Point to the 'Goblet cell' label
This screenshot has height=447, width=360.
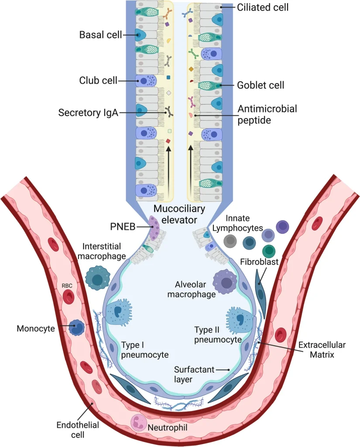coord(261,85)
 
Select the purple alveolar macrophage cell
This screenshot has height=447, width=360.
coord(226,283)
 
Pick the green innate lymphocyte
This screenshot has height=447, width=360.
coord(269,251)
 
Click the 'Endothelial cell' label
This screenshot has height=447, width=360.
coord(79,430)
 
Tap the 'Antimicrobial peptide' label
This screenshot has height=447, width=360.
coord(267,114)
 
